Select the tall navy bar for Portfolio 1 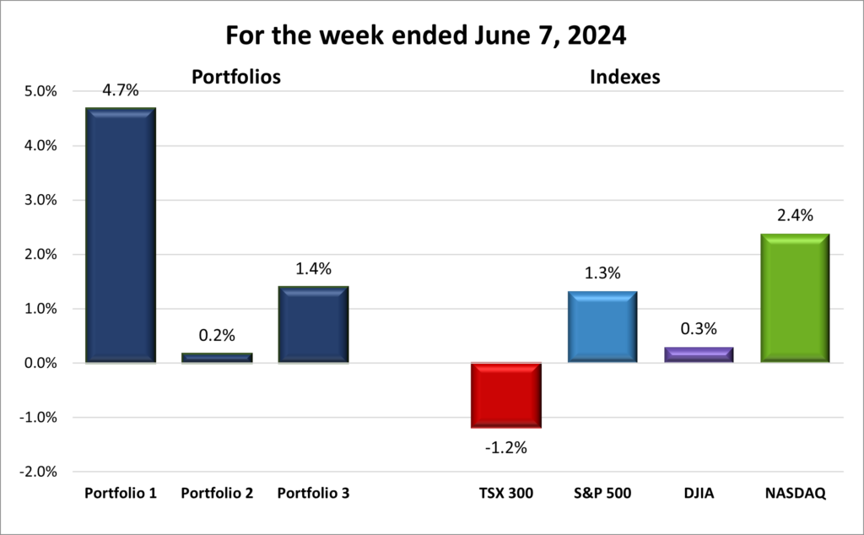pyautogui.click(x=121, y=235)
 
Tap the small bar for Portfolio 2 pyautogui.click(x=217, y=358)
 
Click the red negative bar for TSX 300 pyautogui.click(x=506, y=395)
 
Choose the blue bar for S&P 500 pyautogui.click(x=602, y=327)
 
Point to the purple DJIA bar pyautogui.click(x=699, y=354)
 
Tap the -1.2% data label pyautogui.click(x=506, y=447)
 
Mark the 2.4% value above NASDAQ pyautogui.click(x=795, y=216)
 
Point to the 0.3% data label pyautogui.click(x=699, y=331)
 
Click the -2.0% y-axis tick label pyautogui.click(x=36, y=472)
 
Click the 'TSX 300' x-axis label pyautogui.click(x=506, y=493)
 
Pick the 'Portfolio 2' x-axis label pyautogui.click(x=217, y=493)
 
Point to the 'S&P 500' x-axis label pyautogui.click(x=602, y=493)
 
